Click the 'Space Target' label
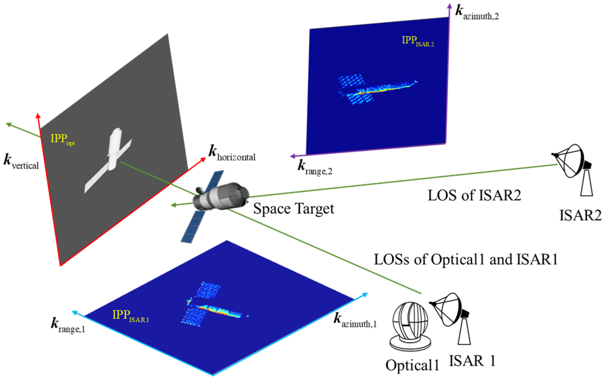[x=293, y=209]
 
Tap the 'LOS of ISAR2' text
[x=474, y=195]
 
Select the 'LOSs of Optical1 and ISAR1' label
[x=466, y=260]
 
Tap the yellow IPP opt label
[x=62, y=139]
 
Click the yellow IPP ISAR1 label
[x=131, y=315]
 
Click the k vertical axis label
[x=21, y=162]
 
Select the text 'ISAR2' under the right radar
[x=580, y=216]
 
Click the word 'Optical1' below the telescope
[x=412, y=365]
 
